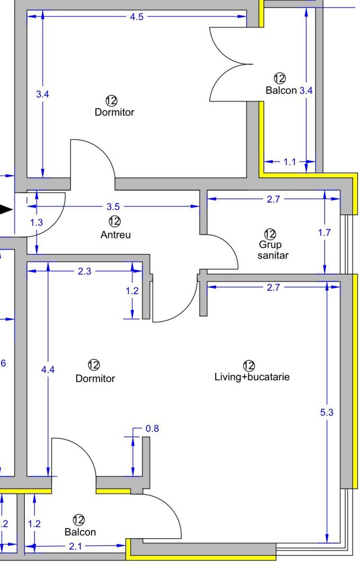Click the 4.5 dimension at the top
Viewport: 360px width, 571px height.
tap(136, 16)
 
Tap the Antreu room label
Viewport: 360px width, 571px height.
tap(115, 235)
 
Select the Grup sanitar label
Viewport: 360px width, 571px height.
tap(270, 250)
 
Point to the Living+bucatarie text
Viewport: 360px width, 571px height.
tap(252, 377)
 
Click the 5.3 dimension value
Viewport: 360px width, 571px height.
tap(327, 412)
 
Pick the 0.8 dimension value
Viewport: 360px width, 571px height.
tap(152, 429)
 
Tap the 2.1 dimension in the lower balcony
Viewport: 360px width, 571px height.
tap(76, 547)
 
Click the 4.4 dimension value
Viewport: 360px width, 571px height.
tap(48, 370)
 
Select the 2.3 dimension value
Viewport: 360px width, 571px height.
tap(85, 271)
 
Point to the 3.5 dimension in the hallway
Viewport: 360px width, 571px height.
tap(113, 207)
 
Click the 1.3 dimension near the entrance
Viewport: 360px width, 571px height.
tap(36, 222)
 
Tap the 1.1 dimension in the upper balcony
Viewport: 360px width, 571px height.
tap(290, 162)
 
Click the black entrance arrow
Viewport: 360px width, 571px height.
tap(6, 210)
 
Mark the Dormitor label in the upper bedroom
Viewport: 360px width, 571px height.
tap(114, 112)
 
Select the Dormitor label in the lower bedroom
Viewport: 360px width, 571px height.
tap(95, 379)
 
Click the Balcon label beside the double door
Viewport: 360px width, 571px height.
tap(281, 90)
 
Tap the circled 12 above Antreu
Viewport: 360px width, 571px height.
tap(114, 221)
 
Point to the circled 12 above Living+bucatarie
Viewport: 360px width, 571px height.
tap(249, 365)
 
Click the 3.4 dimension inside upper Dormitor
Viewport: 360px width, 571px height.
tap(42, 95)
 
